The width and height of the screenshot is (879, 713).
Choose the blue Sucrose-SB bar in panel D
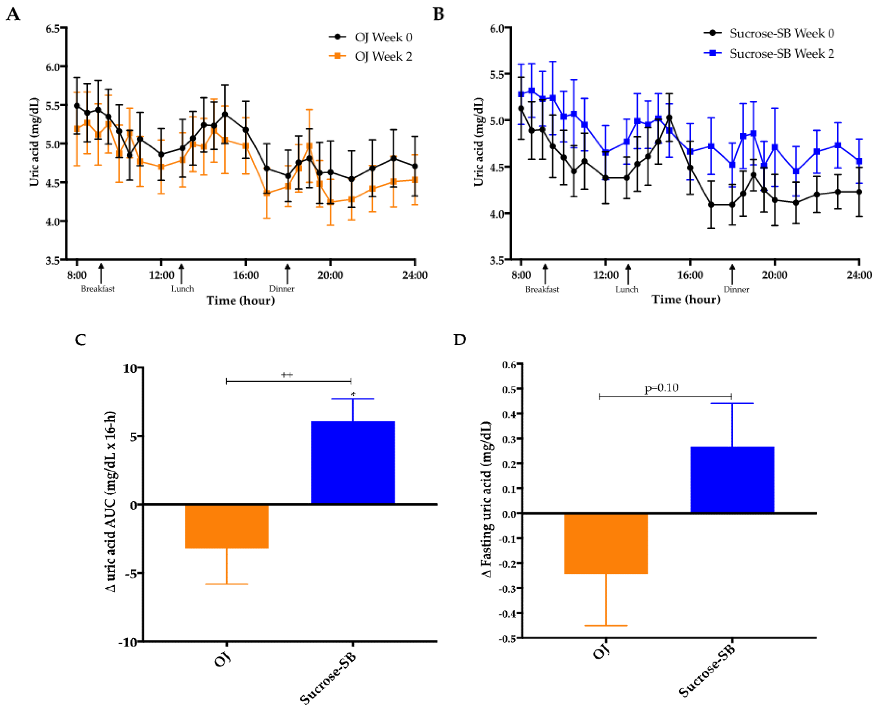[x=732, y=480]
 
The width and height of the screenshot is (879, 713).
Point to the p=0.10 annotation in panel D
[x=661, y=388]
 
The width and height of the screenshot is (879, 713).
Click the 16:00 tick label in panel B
[x=690, y=275]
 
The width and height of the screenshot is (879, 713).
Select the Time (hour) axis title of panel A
[x=241, y=301]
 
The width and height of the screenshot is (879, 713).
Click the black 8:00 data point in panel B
[x=521, y=108]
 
